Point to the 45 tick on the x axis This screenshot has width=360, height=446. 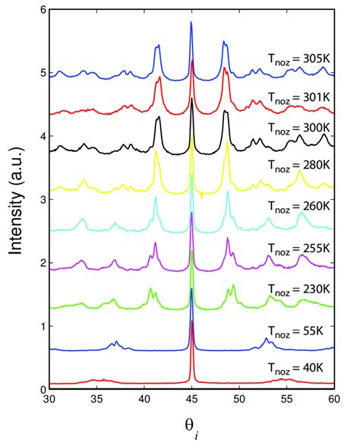point(191,399)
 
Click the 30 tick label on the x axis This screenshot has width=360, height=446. point(49,399)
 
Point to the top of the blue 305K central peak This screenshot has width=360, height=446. point(191,23)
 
